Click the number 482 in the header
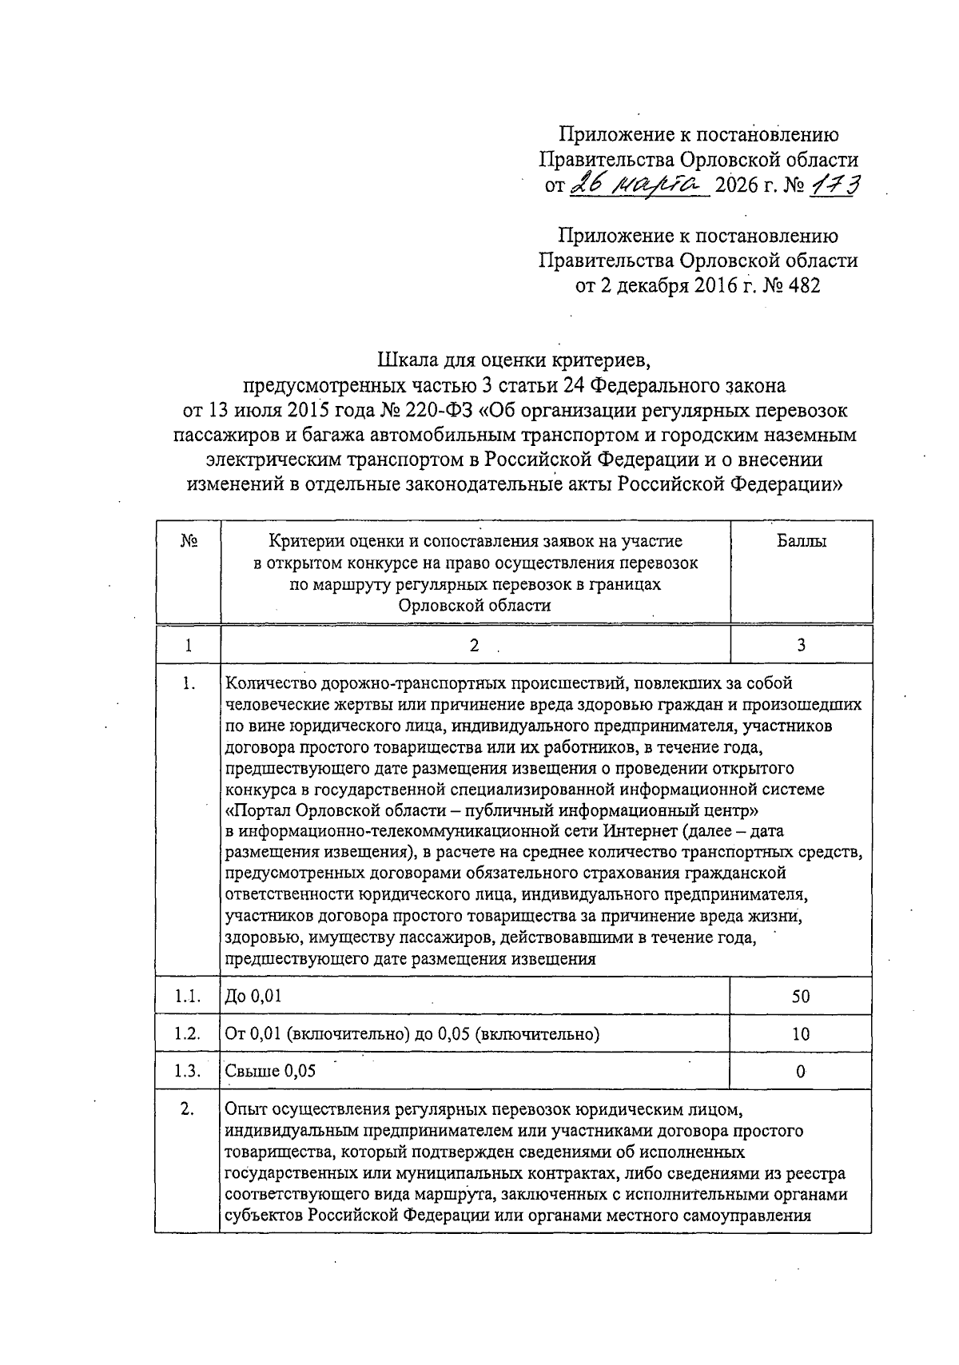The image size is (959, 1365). pos(802,286)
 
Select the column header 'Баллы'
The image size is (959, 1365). pos(801,542)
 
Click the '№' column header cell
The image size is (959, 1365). pos(189,542)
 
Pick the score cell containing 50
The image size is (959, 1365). pos(801,997)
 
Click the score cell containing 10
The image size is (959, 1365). pos(801,1034)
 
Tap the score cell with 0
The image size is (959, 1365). pos(801,1072)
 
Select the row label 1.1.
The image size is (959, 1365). pos(187,997)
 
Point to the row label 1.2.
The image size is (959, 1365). pos(187,1034)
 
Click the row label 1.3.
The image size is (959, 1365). pos(187,1072)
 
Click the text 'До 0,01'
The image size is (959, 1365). pos(253,997)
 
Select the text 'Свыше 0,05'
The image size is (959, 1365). pos(270,1072)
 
